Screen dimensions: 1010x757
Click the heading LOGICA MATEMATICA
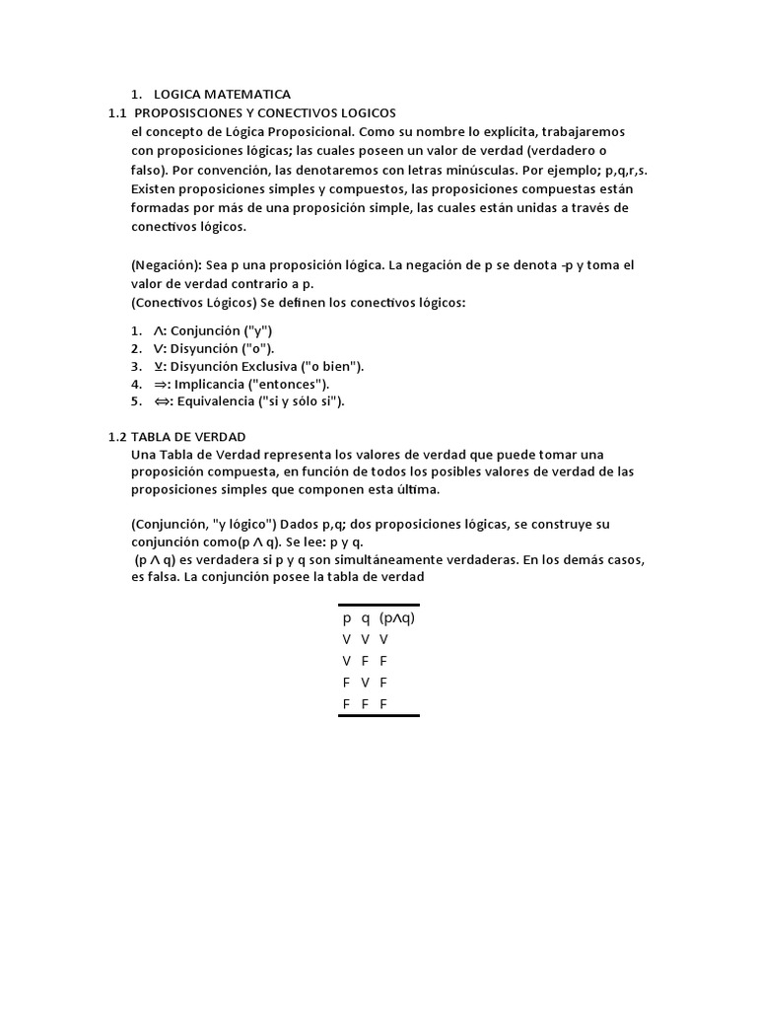tap(222, 95)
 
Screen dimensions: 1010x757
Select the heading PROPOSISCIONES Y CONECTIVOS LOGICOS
tap(264, 113)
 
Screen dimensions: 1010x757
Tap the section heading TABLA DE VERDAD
tap(188, 436)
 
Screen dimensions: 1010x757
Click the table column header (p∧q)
tap(397, 618)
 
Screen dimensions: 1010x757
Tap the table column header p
tap(347, 618)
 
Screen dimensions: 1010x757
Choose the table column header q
tap(365, 618)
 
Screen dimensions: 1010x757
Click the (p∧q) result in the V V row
tap(383, 640)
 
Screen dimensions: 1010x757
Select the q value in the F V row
tap(365, 683)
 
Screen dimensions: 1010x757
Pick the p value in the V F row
tap(347, 661)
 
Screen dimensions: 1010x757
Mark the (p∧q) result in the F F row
tap(383, 704)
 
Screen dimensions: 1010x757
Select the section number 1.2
tap(117, 436)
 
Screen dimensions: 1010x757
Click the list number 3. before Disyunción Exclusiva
tap(136, 366)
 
